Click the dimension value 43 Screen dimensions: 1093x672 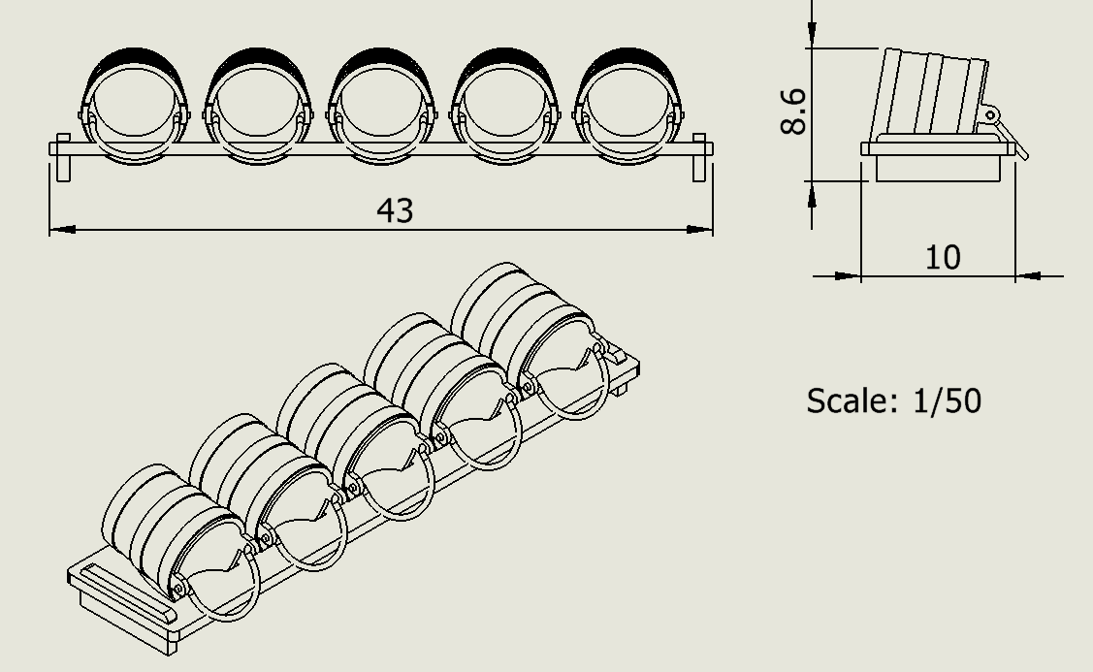395,210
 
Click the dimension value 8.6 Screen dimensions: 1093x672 793,111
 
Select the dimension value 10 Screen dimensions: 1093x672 943,258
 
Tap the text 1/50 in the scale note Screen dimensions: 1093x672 946,400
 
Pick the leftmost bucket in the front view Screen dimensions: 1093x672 134,106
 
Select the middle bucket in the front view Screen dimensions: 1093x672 380,106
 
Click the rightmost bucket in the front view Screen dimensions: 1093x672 627,106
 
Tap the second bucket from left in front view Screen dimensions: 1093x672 257,106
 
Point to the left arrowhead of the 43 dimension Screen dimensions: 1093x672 62,229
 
